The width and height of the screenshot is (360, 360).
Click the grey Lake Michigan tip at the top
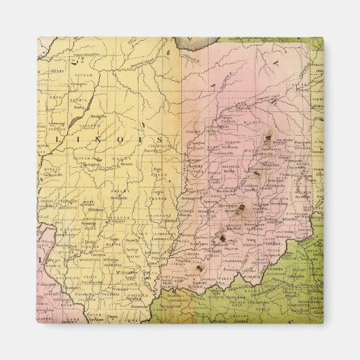coord(194,45)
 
